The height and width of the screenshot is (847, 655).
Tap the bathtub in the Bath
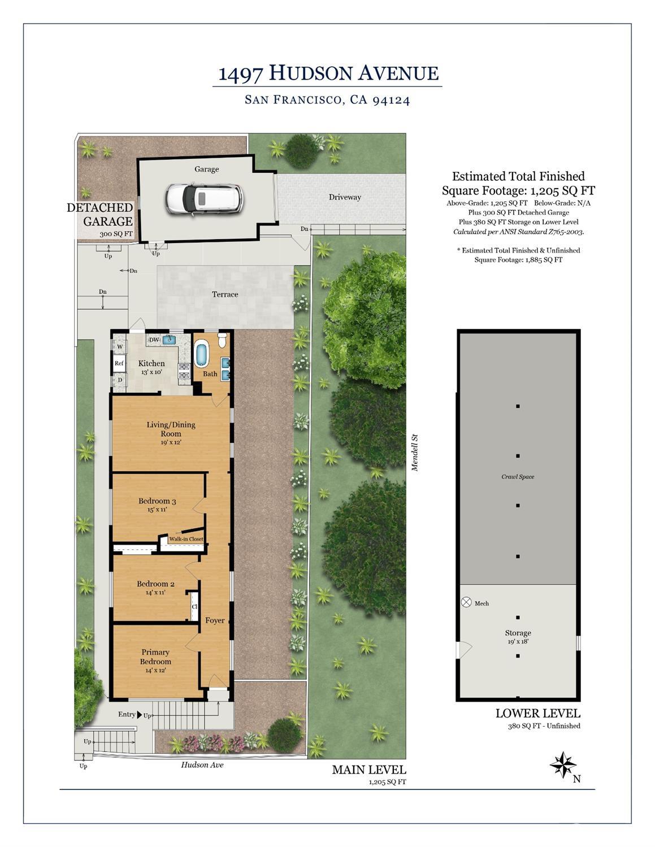coord(201,354)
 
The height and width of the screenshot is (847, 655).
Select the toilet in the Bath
coord(223,340)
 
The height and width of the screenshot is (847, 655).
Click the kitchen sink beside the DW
coord(169,340)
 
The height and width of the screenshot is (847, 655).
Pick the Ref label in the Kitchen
coord(119,363)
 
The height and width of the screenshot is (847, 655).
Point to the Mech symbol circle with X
coord(466,602)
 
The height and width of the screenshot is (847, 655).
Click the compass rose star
coord(562,765)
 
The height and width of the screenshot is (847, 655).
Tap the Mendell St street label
coord(414,453)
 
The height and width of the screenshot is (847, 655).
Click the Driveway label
coord(345,197)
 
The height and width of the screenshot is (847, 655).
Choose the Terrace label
coord(225,294)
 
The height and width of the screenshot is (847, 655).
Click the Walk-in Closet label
coord(186,538)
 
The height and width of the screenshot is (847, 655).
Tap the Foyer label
coord(215,620)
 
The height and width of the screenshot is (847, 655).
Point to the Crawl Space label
coord(518,476)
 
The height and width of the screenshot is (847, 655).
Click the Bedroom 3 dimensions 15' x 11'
coord(157,509)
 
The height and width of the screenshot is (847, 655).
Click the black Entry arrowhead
coord(139,714)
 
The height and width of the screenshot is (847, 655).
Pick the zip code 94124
coord(391,100)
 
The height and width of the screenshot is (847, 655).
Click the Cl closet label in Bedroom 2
coord(194,607)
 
